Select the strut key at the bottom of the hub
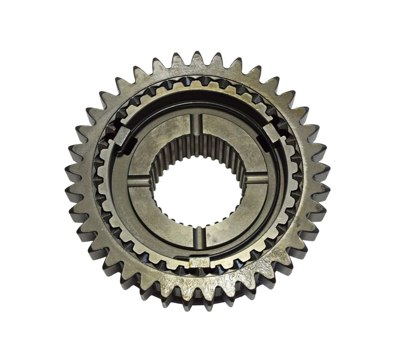click(x=200, y=262)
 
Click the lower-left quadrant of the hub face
click(x=163, y=217)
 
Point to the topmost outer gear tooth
click(x=198, y=58)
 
